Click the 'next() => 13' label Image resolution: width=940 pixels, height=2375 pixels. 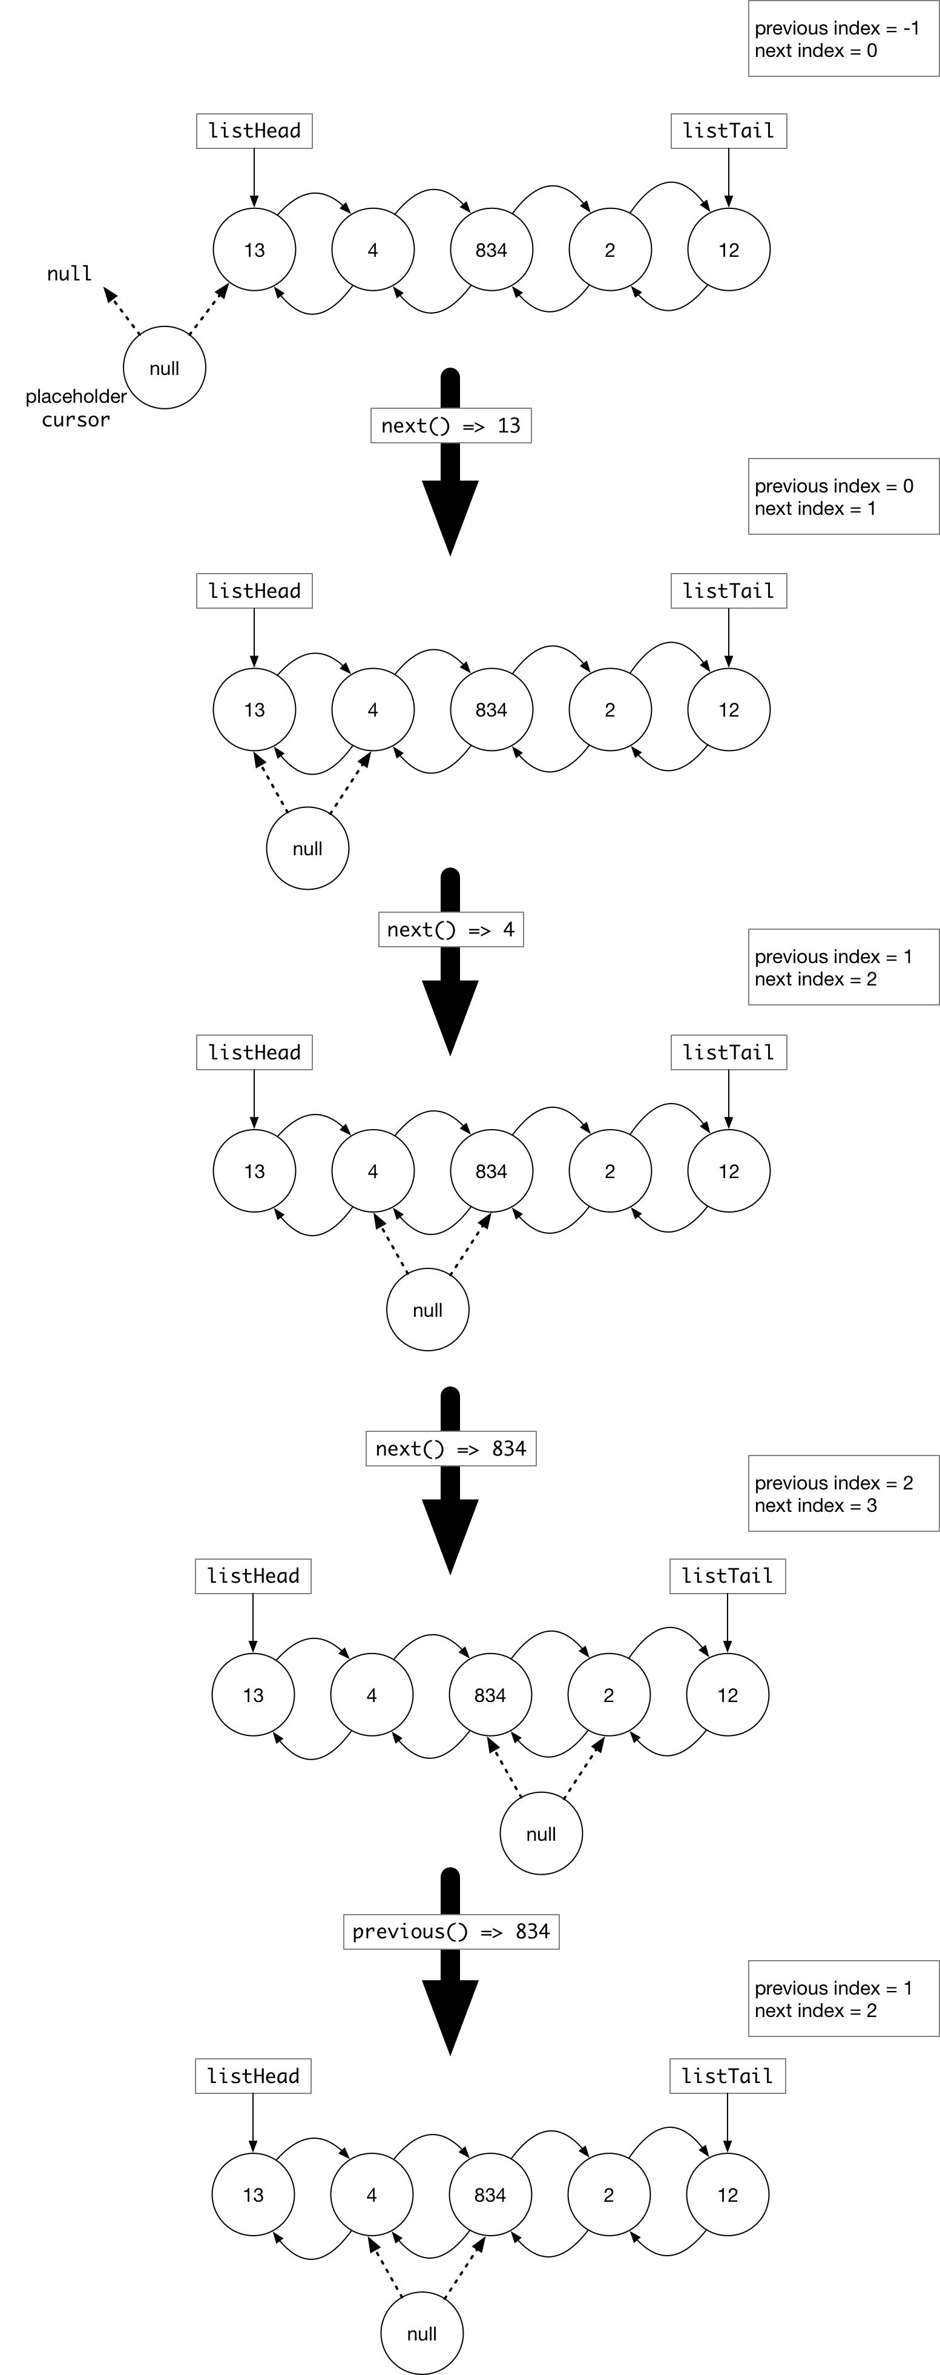451,425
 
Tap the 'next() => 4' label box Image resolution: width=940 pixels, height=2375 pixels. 451,929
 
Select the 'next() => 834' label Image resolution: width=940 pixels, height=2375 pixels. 451,1448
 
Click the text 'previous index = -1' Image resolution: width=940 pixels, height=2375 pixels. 836,28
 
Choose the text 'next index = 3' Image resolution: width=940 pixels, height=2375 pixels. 815,1506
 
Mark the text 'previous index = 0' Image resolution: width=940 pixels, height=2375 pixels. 833,486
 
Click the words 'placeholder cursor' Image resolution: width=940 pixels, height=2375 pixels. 76,408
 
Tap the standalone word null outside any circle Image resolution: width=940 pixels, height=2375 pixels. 69,274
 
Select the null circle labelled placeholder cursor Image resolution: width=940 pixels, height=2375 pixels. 164,368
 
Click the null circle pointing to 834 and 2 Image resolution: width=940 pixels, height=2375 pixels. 541,1834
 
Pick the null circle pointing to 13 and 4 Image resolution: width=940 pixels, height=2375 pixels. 307,848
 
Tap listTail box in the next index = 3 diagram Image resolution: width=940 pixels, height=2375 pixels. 727,1575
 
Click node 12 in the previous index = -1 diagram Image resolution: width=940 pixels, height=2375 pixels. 728,250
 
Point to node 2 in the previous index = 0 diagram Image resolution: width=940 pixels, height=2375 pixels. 609,710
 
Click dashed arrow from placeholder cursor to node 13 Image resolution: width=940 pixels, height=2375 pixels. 208,309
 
